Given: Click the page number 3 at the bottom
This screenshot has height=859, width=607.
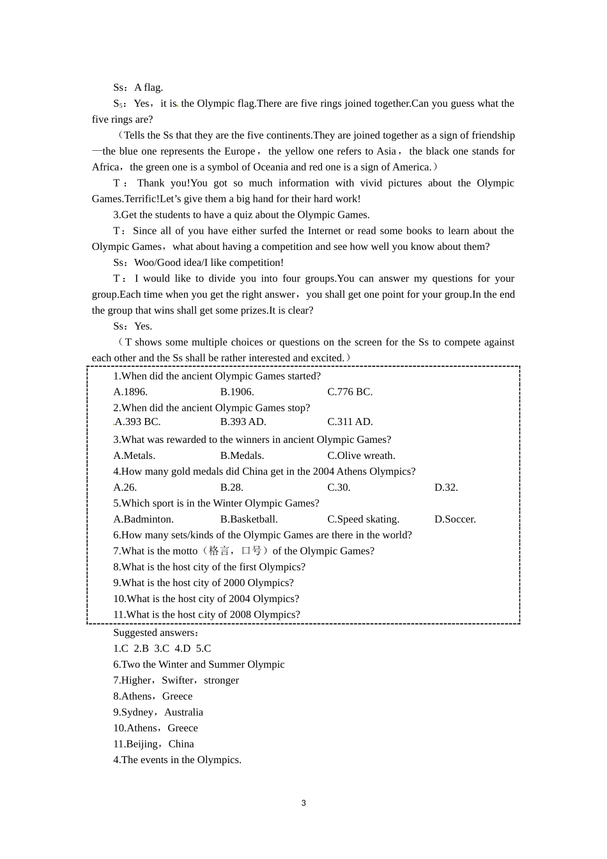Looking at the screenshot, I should click(303, 803).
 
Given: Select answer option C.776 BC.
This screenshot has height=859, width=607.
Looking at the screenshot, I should click(350, 392).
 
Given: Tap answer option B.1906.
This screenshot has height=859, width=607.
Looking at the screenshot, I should click(237, 392).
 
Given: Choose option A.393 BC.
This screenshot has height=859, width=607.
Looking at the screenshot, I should click(137, 422).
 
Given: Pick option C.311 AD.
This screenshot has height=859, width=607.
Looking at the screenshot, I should click(350, 422).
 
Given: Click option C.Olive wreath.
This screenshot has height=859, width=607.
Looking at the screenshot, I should click(361, 456).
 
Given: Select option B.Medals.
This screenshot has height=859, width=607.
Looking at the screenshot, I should click(242, 456).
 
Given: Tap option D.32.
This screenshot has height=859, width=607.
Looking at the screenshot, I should click(446, 488).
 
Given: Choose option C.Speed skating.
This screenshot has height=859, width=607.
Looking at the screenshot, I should click(363, 520).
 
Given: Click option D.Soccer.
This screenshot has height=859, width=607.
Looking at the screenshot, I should click(455, 520).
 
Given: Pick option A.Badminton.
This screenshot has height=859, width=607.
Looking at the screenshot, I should click(143, 520).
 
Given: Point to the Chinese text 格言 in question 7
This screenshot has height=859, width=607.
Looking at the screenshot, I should click(219, 551).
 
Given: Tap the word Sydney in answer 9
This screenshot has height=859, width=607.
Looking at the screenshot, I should click(137, 713).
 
